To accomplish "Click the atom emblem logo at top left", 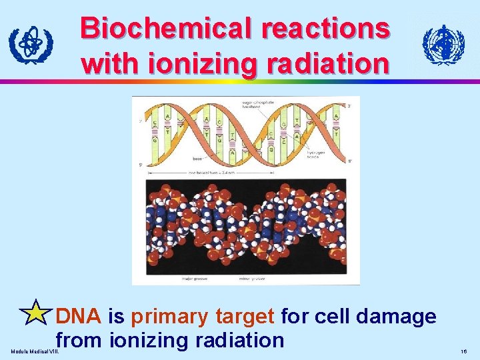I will [31, 45].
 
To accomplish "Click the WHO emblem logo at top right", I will [443, 45].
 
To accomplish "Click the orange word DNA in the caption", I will [79, 316].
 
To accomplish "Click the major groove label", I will [196, 278].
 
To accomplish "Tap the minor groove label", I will [254, 278].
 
